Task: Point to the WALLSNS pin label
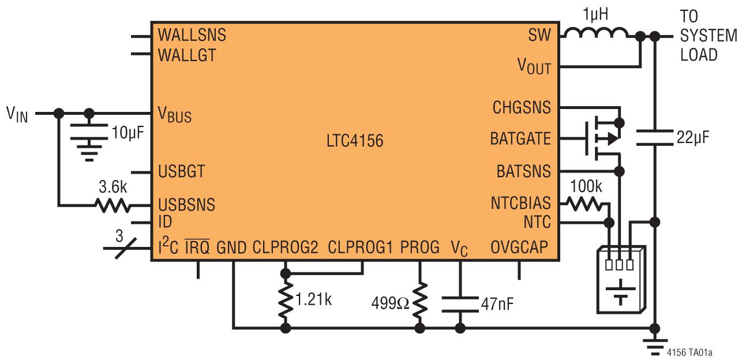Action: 192,35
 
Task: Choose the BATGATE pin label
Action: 520,139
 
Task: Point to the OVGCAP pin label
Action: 519,247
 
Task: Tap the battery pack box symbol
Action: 621,279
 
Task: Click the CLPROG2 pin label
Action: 285,247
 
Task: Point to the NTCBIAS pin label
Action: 521,204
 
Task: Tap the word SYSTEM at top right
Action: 708,36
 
